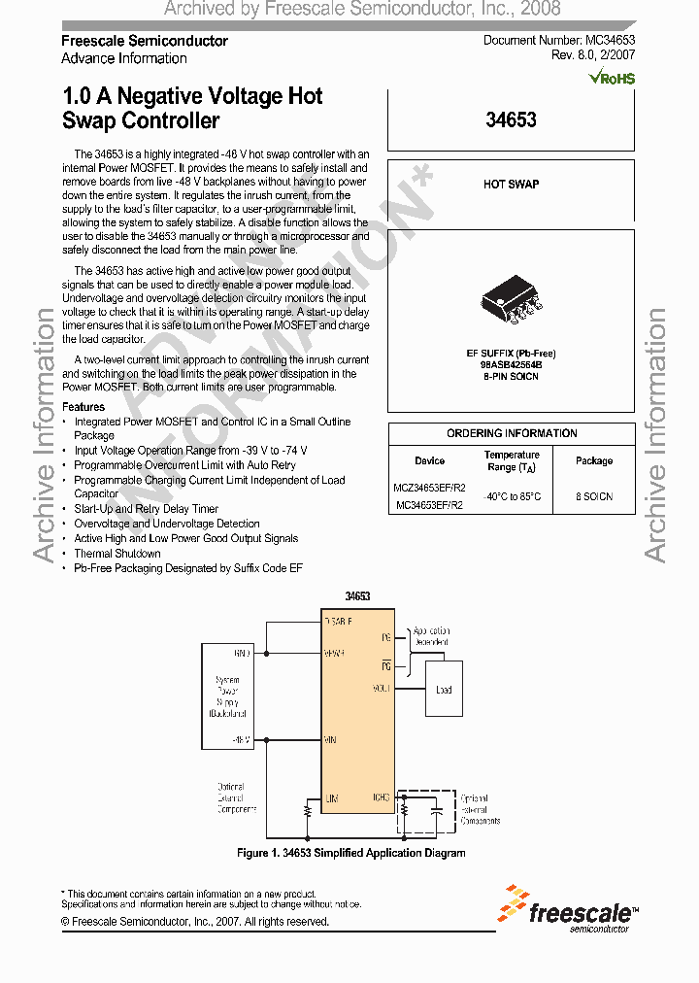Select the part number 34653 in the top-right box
point(511,120)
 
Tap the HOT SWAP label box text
point(511,185)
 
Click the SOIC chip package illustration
point(511,298)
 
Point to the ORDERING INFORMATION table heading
point(512,433)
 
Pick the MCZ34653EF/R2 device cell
point(430,488)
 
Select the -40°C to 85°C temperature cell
point(512,496)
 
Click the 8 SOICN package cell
point(593,496)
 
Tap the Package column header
point(593,460)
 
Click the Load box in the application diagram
point(444,691)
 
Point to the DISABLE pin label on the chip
point(338,620)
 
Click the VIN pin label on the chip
point(331,739)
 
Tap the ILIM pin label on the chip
point(332,797)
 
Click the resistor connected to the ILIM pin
point(308,808)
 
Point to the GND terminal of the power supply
point(242,653)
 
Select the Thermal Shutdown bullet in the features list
point(117,553)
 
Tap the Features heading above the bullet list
point(83,407)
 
